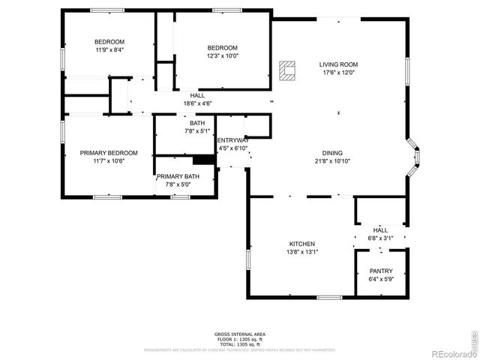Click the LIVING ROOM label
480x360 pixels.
click(x=339, y=64)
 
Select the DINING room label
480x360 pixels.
click(x=333, y=152)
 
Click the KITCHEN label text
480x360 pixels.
click(x=302, y=244)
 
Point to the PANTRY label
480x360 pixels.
click(x=381, y=271)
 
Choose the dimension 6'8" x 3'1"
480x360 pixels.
click(x=380, y=238)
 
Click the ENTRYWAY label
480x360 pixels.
click(x=232, y=140)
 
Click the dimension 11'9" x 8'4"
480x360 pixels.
click(x=109, y=49)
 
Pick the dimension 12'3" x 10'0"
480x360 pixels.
click(x=221, y=55)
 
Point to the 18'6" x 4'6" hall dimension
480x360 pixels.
click(x=198, y=103)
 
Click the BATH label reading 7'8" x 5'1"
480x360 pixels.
click(x=197, y=130)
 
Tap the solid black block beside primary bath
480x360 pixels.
click(x=203, y=159)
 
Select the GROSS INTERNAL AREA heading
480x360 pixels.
click(x=239, y=334)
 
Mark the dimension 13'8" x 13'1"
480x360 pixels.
click(x=302, y=252)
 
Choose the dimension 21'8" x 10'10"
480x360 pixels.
click(x=333, y=160)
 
